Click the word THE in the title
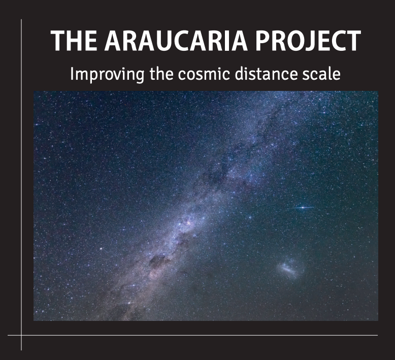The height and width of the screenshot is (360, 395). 74,41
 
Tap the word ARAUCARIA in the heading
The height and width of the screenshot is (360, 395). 176,41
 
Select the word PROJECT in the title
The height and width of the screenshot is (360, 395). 308,41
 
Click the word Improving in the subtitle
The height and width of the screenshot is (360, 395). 107,75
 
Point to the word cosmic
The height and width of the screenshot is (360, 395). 204,74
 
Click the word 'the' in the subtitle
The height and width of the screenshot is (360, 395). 161,74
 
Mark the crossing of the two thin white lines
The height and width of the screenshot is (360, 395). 21,335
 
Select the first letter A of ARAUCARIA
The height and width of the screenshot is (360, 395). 114,41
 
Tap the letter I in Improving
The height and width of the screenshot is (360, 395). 72,74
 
